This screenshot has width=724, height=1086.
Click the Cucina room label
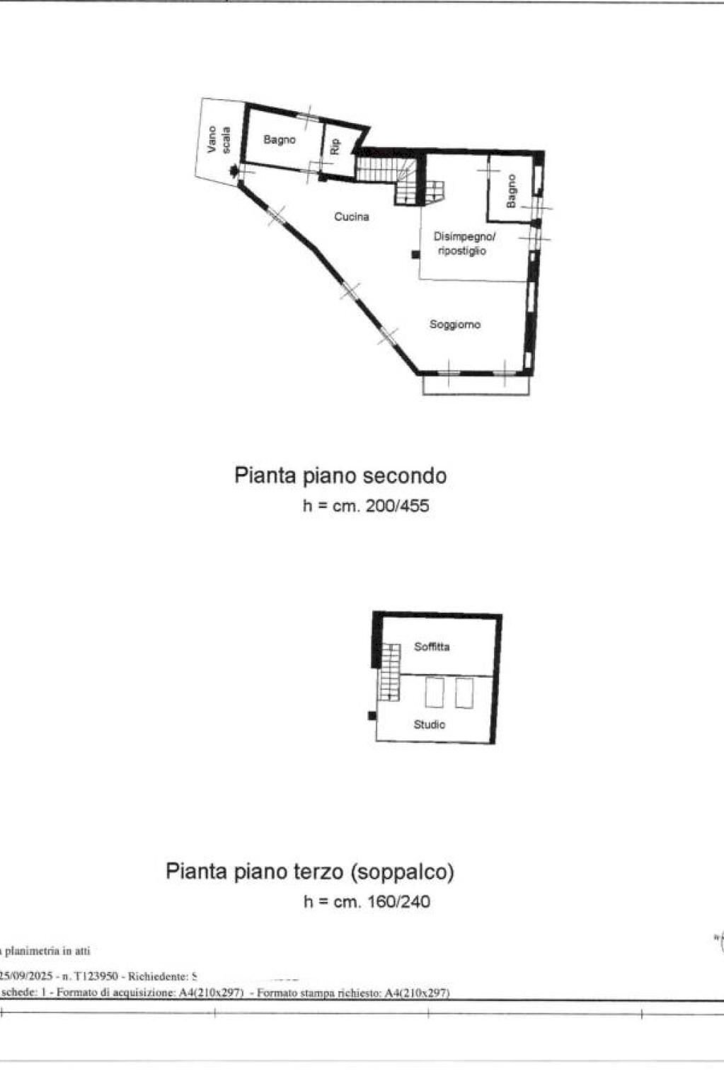point(352,216)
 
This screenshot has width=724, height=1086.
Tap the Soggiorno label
point(455,325)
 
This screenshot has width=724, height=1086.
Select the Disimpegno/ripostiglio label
point(464,243)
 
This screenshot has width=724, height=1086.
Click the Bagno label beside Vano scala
point(279,140)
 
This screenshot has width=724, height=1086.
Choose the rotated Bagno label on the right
point(511,190)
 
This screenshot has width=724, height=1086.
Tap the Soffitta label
point(432,647)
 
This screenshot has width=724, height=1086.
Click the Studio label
point(430,724)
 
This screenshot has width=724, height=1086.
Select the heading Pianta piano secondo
point(340,475)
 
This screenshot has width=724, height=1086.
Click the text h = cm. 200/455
point(366,506)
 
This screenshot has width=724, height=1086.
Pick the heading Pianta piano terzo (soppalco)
point(310,871)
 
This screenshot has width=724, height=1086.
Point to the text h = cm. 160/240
point(367,901)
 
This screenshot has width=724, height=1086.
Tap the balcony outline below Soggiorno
point(476,385)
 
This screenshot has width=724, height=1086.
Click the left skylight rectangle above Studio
point(434,693)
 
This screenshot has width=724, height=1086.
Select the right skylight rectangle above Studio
point(464,693)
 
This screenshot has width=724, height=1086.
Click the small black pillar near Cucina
point(415,255)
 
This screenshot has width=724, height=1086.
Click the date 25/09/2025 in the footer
point(27,976)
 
